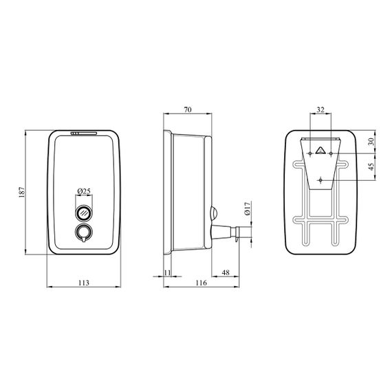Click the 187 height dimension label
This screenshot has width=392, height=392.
(22, 192)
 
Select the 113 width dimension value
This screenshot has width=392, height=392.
(84, 283)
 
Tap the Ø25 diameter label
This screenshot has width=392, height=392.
(84, 191)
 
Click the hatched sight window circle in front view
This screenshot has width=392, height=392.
(84, 213)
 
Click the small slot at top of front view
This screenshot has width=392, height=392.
(84, 133)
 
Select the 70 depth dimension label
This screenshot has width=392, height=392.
(188, 109)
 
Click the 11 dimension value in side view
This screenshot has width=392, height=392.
(167, 272)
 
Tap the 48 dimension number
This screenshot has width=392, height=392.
(226, 272)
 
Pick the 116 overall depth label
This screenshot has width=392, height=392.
(202, 283)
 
